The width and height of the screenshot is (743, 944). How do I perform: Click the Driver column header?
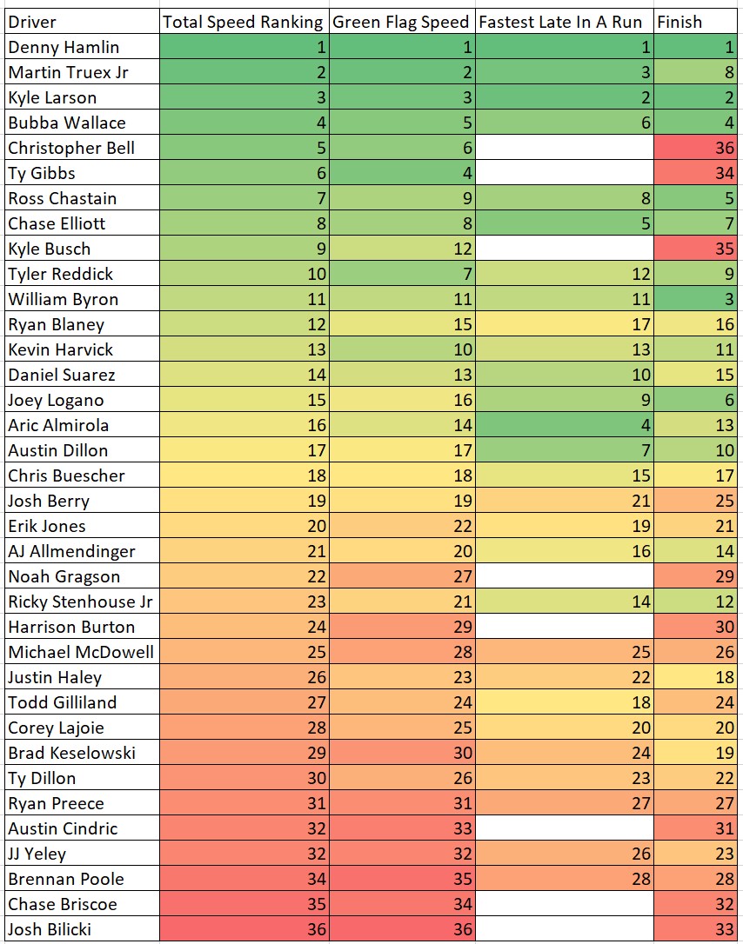[x=33, y=22]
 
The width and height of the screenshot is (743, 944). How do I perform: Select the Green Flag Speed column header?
[x=401, y=22]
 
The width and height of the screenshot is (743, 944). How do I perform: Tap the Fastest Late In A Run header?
[x=560, y=22]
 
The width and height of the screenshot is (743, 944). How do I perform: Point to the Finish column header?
[x=679, y=22]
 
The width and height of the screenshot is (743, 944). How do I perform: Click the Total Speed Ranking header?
[x=243, y=22]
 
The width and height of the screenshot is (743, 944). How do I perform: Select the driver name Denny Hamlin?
[x=64, y=47]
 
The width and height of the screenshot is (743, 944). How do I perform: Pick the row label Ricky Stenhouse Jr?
[x=81, y=602]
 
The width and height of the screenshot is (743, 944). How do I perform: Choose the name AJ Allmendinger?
[x=72, y=551]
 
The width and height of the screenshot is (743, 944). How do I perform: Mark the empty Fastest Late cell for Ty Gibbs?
[x=565, y=173]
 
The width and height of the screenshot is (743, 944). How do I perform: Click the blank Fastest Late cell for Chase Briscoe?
[x=565, y=904]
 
